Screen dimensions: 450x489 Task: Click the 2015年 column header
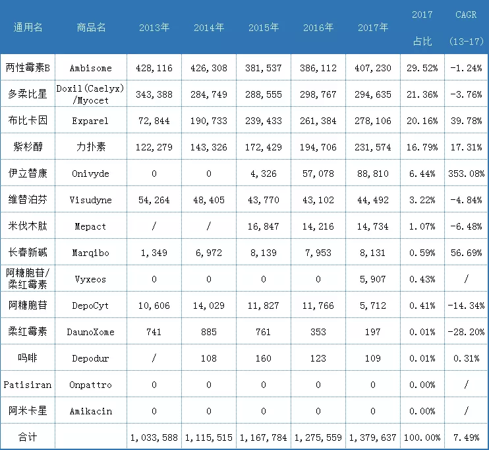click(264, 28)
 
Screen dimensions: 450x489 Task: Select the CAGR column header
click(467, 15)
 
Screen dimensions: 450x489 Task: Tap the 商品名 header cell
click(91, 28)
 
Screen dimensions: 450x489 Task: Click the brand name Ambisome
click(91, 68)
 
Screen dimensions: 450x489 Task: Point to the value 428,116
click(154, 68)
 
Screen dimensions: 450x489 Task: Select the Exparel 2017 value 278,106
click(373, 121)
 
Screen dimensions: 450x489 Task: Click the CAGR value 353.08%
click(465, 174)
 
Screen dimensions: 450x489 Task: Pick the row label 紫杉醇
click(27, 147)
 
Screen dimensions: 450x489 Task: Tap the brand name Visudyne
click(91, 200)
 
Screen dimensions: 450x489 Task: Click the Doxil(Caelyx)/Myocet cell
click(91, 94)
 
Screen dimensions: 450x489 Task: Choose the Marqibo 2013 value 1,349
click(154, 253)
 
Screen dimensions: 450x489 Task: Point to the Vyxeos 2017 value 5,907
click(373, 279)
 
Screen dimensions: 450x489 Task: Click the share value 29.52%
click(422, 68)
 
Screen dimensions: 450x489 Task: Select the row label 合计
click(27, 437)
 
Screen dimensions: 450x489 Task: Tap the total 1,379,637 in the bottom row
click(373, 437)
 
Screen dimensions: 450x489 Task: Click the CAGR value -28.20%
click(465, 332)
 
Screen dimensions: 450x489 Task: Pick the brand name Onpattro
click(91, 385)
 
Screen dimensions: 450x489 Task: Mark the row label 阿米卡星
click(27, 411)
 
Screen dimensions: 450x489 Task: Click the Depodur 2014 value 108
click(208, 358)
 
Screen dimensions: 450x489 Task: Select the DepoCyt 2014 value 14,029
click(208, 305)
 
